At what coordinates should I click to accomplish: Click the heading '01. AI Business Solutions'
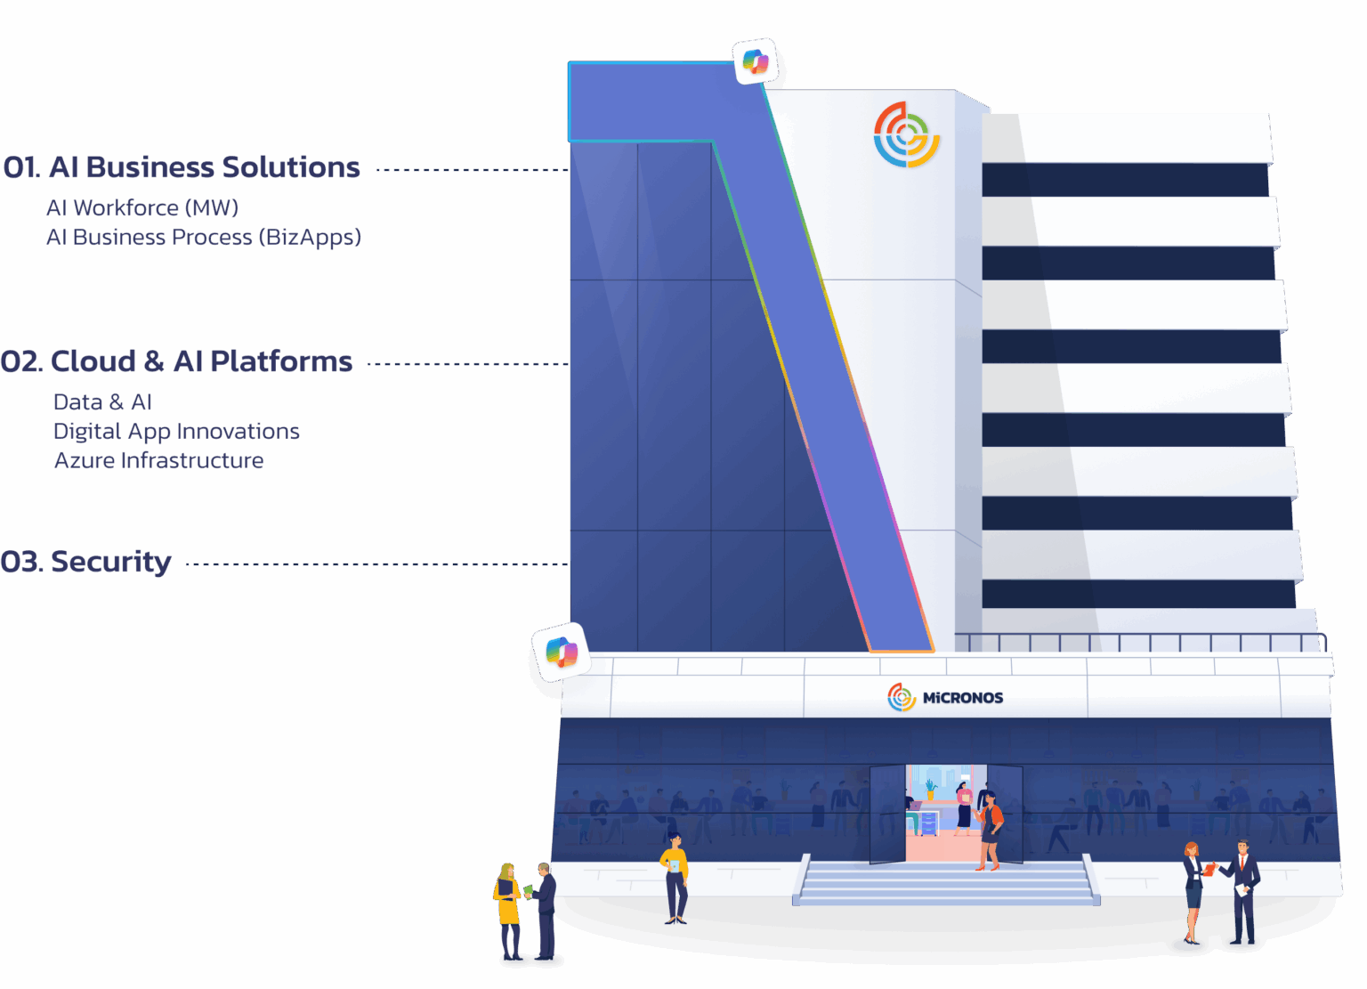182,167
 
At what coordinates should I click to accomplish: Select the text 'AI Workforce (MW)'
142,208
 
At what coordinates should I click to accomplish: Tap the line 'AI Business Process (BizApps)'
204,238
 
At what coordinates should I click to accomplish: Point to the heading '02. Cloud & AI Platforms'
176,361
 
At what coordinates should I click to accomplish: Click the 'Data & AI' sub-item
102,402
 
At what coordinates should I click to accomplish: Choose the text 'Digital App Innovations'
176,432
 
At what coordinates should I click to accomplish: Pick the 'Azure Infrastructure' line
158,461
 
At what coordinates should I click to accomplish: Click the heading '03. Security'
85,563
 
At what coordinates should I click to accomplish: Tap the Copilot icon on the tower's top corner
756,61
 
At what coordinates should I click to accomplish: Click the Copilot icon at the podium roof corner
561,652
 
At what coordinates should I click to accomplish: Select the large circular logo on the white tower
906,134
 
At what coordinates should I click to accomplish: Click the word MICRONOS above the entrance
963,698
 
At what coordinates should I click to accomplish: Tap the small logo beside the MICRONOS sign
902,697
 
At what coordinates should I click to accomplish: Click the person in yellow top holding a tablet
675,877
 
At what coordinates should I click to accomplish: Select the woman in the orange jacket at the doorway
989,828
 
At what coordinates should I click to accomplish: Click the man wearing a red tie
1243,890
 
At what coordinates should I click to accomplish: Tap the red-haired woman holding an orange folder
1193,890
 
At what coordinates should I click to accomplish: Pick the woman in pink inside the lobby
964,807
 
